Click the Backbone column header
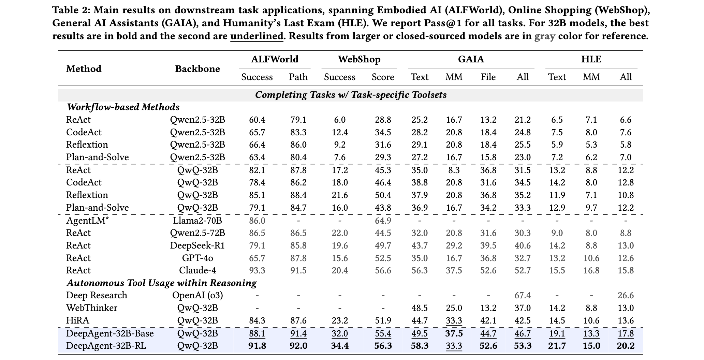coord(197,69)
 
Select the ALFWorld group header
coord(275,59)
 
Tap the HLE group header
coord(591,59)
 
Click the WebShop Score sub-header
coord(383,77)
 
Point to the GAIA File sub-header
coord(488,77)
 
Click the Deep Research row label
coord(97,295)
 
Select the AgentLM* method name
coord(87,220)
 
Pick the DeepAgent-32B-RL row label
coord(106,346)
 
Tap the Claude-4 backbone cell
coord(197,270)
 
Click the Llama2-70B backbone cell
coord(197,220)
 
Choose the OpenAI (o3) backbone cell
coord(197,295)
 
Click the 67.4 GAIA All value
coord(523,295)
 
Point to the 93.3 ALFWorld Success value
coord(257,270)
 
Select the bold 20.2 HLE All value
coord(626,346)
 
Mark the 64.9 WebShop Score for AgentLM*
coord(383,220)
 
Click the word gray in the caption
coord(545,36)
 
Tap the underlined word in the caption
coord(257,36)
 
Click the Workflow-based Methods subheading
coord(123,107)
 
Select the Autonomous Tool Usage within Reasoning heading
coord(162,283)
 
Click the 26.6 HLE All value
coord(626,295)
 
